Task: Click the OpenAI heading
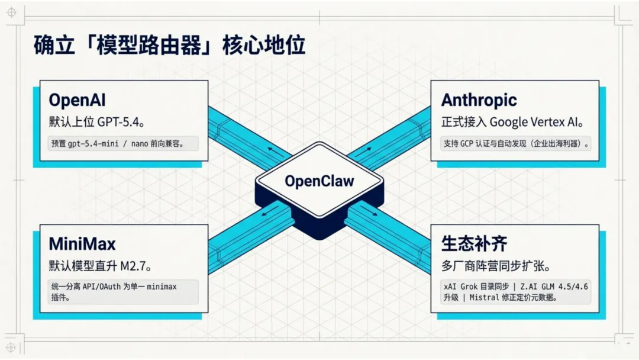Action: (78, 100)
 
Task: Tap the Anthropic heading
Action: (479, 100)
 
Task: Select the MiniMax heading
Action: (82, 243)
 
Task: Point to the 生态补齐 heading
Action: (474, 243)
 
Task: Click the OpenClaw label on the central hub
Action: (319, 181)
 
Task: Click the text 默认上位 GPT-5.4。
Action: (97, 122)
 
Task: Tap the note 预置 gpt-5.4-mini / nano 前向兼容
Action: (123, 143)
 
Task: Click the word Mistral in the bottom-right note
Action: (485, 298)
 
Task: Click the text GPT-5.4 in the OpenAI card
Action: (121, 122)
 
